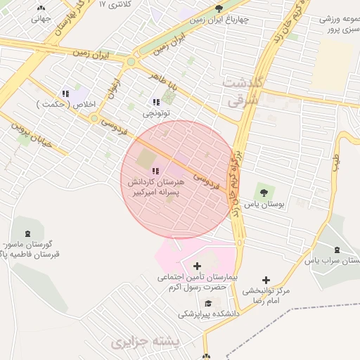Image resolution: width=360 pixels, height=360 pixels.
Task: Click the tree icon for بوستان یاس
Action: [264, 191]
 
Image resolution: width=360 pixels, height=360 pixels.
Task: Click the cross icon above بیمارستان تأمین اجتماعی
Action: [196, 266]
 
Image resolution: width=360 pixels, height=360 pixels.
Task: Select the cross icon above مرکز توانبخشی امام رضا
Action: [266, 280]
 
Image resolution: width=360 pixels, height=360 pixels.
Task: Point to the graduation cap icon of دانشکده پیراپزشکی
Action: [208, 303]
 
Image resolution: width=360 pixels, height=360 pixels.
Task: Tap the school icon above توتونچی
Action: [156, 102]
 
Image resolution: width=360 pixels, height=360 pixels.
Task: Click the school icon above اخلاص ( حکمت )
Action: [65, 94]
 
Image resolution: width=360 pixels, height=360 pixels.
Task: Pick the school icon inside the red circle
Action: [156, 170]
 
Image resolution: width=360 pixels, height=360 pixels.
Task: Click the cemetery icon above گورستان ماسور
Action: [27, 233]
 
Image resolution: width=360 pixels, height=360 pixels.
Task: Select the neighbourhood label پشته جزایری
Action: [146, 342]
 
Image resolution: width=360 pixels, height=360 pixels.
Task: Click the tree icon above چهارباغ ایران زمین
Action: [219, 8]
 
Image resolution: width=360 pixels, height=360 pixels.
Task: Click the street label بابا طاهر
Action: [165, 84]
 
